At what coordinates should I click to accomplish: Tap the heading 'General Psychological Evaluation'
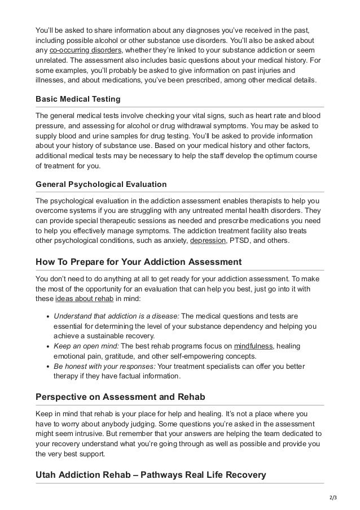(x=101, y=184)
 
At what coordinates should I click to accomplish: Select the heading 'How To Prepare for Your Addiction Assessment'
(x=138, y=262)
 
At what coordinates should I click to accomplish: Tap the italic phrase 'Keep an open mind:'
(x=86, y=346)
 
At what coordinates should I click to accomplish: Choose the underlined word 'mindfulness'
(x=253, y=346)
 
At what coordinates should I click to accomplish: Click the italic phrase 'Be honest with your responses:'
(x=104, y=367)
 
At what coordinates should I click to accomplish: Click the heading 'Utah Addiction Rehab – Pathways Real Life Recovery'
(x=150, y=475)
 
